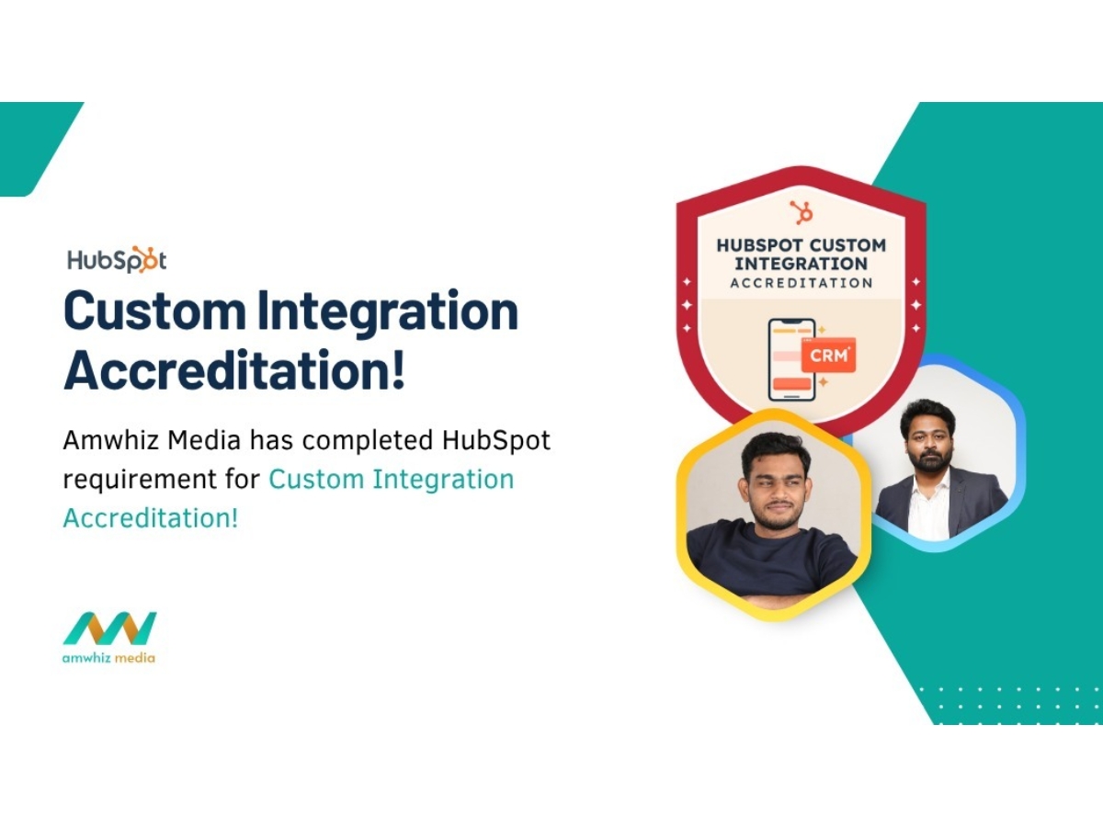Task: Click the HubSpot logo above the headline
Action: coord(117,260)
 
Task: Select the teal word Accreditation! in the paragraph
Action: coord(151,517)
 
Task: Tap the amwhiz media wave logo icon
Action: coord(109,629)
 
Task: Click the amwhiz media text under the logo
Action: coord(109,657)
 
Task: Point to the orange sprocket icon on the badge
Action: coord(802,212)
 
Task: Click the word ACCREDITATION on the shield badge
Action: coord(802,283)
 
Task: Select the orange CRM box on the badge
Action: coord(827,356)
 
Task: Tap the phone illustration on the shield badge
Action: coord(791,359)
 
